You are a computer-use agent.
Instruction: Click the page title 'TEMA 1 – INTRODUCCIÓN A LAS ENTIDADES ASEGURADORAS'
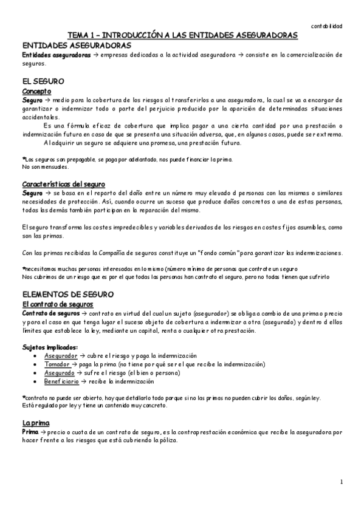pos(182,36)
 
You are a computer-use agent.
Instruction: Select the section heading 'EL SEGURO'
pos(43,81)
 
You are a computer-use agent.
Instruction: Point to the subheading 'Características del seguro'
pos(63,184)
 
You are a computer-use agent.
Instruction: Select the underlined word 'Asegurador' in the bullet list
pos(61,355)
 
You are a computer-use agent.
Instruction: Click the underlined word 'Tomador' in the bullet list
pos(57,364)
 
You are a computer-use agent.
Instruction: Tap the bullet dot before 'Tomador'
pos(38,364)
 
